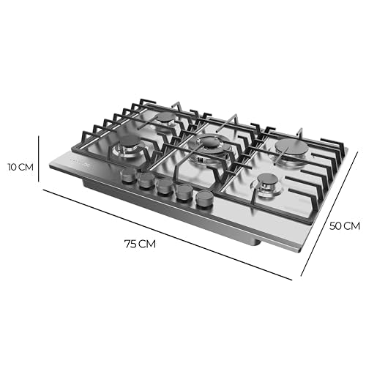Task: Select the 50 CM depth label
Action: pyautogui.click(x=345, y=225)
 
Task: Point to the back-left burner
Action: pyautogui.click(x=167, y=119)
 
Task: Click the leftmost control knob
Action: pyautogui.click(x=129, y=176)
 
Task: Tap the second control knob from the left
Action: pyautogui.click(x=146, y=182)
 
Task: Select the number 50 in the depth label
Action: pyautogui.click(x=337, y=225)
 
